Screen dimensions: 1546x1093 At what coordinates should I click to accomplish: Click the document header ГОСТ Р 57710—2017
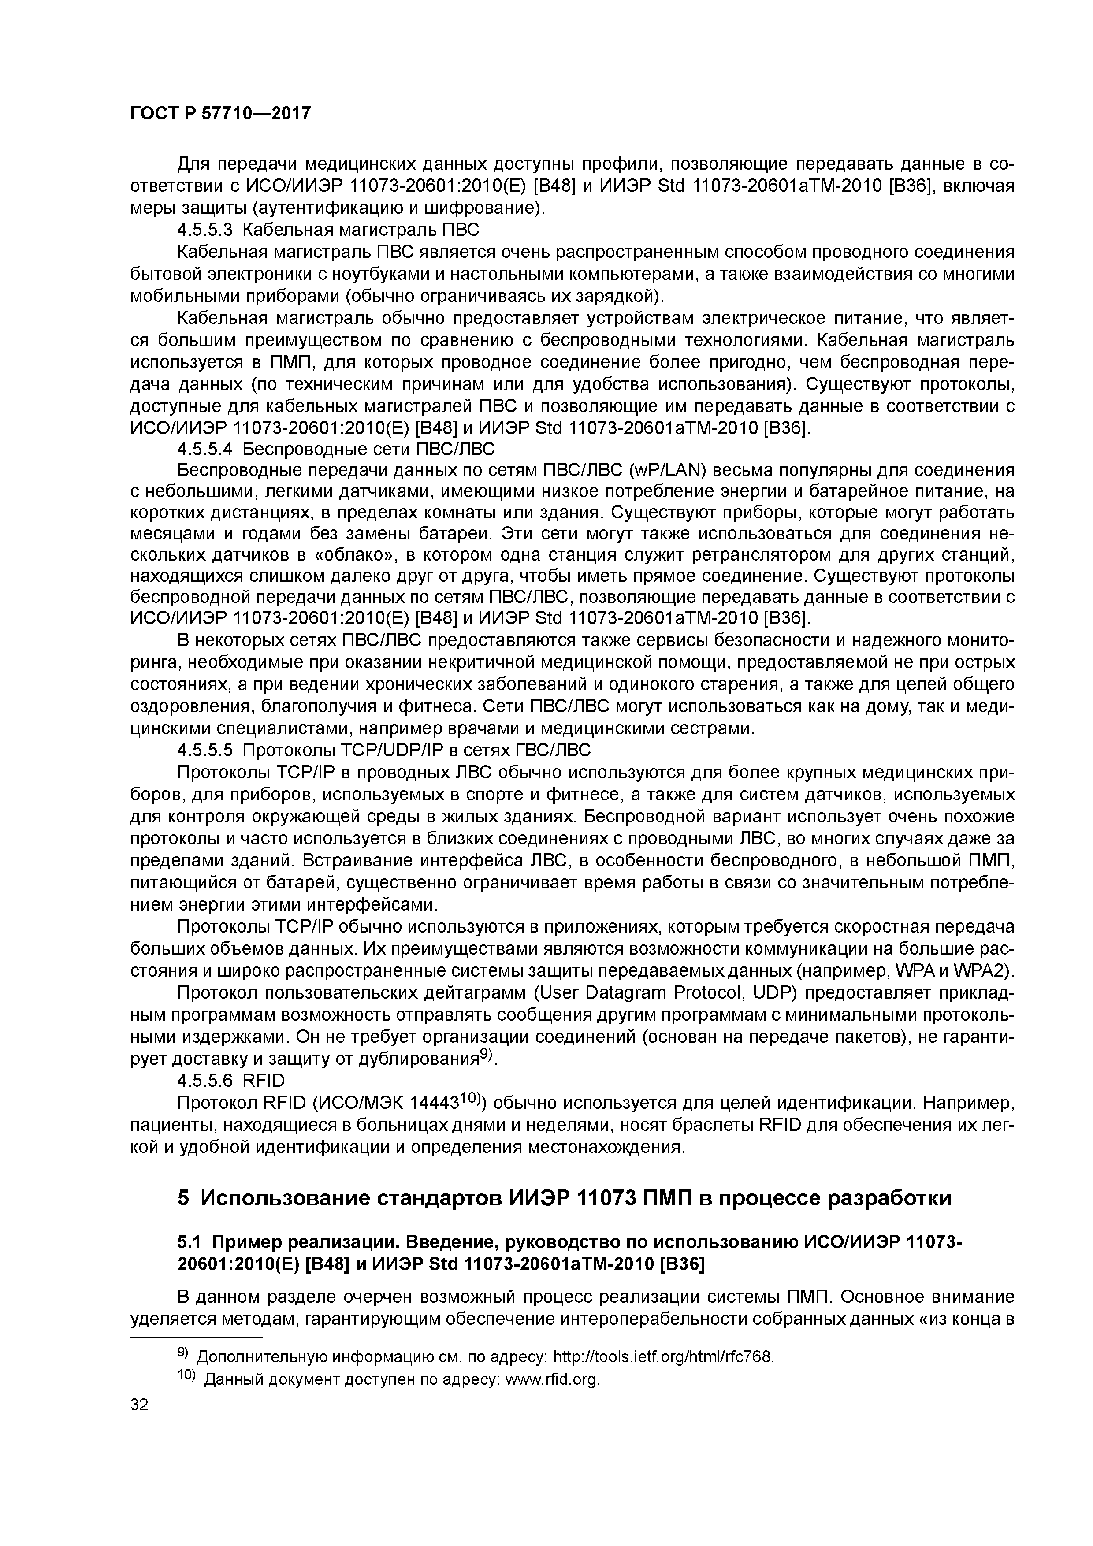pyautogui.click(x=220, y=114)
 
